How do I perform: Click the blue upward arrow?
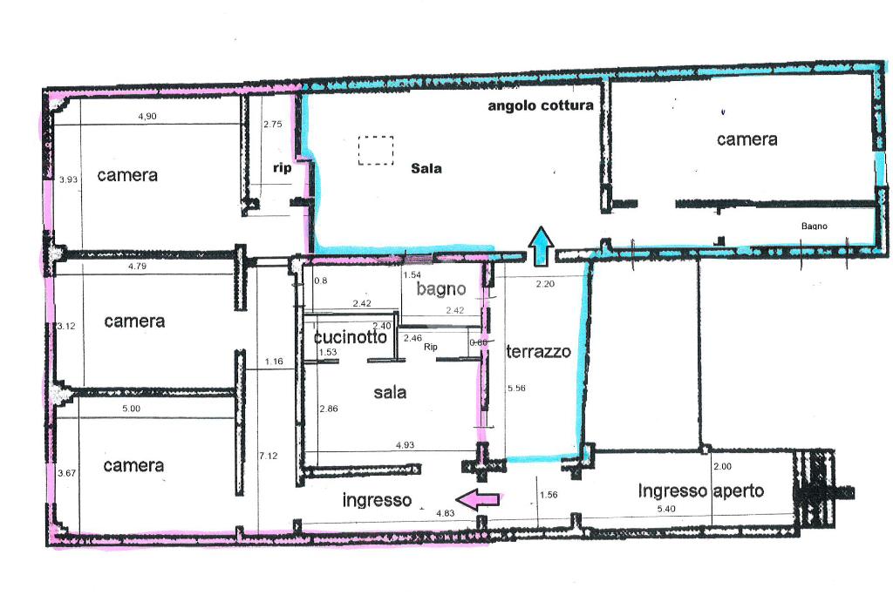541,247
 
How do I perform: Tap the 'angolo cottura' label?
541,105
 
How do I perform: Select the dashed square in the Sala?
376,150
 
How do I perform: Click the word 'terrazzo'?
538,352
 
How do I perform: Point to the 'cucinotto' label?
351,337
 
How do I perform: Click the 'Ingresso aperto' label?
700,491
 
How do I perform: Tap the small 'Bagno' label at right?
815,227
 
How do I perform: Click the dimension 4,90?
147,116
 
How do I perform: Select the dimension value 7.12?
269,455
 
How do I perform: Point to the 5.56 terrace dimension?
516,388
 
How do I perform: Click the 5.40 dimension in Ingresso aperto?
665,509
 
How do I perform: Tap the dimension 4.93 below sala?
405,445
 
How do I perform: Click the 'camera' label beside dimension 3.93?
127,175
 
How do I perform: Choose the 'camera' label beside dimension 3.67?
133,466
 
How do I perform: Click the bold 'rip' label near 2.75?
282,168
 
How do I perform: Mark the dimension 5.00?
131,409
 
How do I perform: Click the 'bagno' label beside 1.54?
441,289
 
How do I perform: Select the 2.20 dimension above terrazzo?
545,284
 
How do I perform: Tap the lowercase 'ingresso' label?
377,500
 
